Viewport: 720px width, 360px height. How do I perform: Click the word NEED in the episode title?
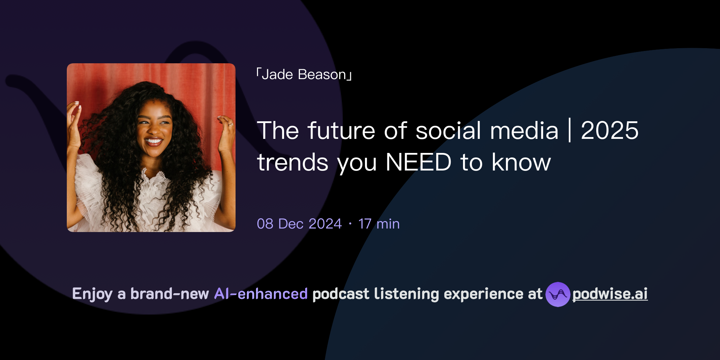point(418,162)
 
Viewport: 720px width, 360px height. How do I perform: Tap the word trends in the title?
point(292,163)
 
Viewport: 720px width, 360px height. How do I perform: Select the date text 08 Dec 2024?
point(299,224)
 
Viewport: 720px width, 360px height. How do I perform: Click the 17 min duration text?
point(379,224)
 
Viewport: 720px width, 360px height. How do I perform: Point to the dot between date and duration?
point(350,224)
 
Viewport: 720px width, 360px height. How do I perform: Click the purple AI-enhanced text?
point(261,294)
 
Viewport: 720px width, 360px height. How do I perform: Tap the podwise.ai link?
point(610,294)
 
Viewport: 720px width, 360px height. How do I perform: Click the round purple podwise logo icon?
point(558,294)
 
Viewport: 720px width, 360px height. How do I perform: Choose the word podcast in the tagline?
point(340,294)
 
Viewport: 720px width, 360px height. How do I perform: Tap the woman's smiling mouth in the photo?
point(153,142)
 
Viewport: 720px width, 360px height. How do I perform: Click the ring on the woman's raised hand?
point(231,124)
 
